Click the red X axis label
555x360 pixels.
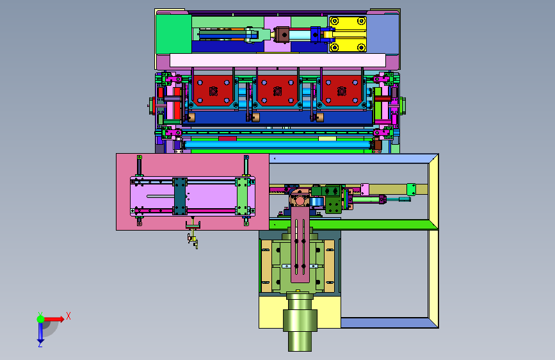68,316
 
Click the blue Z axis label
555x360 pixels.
40,344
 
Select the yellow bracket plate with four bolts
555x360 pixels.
348,35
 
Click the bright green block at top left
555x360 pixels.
173,35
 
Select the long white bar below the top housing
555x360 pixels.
278,60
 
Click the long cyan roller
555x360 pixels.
278,145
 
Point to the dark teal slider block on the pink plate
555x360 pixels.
179,196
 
